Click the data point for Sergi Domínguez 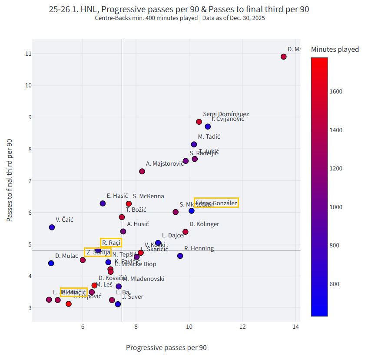click(199, 122)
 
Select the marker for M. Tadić click(194, 144)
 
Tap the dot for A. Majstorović click(142, 171)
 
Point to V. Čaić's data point click(52, 227)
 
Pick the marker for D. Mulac click(51, 263)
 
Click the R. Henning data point click(180, 256)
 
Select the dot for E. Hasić click(103, 203)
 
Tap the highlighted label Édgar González click(216, 203)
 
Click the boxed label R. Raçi click(111, 243)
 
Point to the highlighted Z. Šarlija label click(98, 252)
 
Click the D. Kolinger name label click(204, 224)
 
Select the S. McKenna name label click(148, 197)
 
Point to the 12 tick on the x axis click(242, 327)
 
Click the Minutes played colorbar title click(335, 49)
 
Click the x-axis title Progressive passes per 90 click(166, 348)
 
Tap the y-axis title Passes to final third click(10, 181)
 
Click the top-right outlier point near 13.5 click(284, 57)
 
